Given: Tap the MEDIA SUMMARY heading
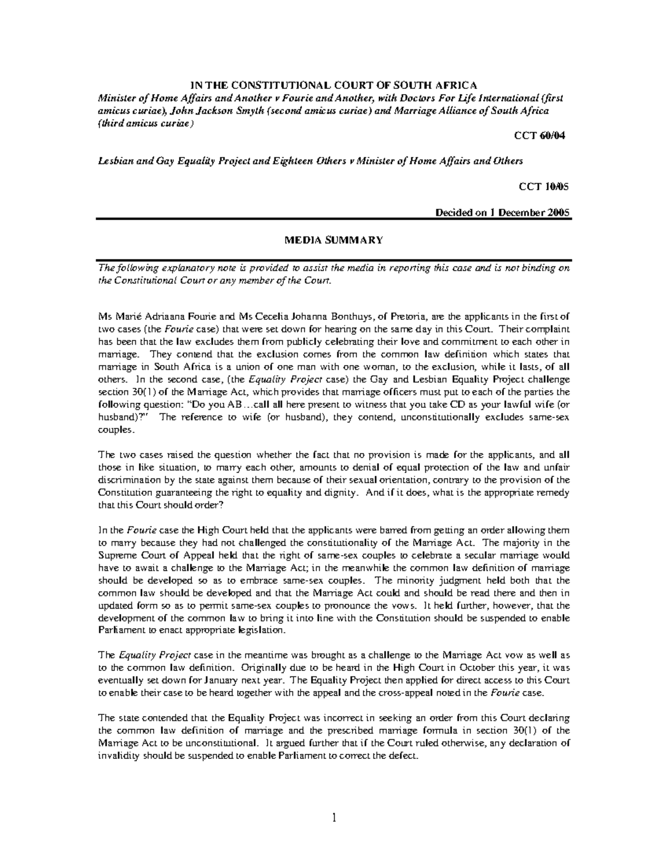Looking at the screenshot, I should click(334, 240).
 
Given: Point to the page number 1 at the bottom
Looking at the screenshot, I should click(334, 818).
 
